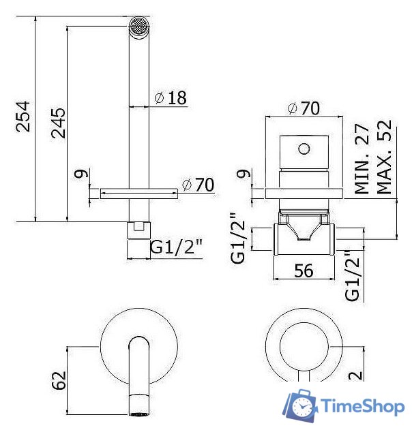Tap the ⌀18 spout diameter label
[x=171, y=98]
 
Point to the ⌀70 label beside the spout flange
[x=198, y=185]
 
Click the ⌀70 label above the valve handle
[x=304, y=108]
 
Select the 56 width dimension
[x=304, y=271]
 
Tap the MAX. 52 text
[x=385, y=158]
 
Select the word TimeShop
[x=361, y=407]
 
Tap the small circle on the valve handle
[x=304, y=149]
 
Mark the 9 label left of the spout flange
[x=82, y=174]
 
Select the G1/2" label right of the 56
[x=353, y=275]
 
